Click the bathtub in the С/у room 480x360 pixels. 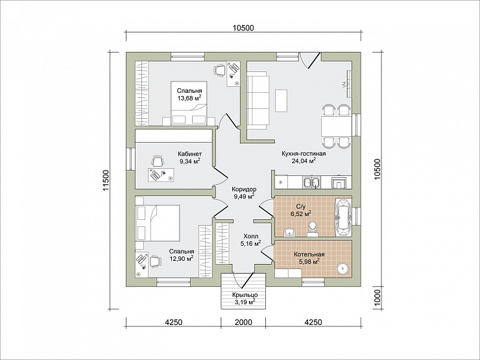point(344,217)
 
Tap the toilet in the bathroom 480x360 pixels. point(313,229)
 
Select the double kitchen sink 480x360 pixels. point(311,183)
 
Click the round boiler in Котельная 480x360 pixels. point(344,269)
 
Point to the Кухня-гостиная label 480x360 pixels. point(304,154)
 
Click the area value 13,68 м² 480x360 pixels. point(189,98)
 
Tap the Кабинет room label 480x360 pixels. point(190,154)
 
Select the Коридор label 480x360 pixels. point(244,189)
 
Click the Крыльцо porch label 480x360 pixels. point(245,295)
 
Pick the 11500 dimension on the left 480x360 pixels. point(106,180)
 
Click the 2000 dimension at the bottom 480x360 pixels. point(243,322)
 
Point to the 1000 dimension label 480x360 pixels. point(377,296)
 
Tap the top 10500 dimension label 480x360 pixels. point(243,28)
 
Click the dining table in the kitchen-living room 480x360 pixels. point(335,126)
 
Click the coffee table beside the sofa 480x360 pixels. point(281,101)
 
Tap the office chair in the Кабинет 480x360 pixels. point(158,162)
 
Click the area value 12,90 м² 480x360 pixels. point(182,259)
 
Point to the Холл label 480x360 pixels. point(251,236)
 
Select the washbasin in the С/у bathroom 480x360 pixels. point(289,233)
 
